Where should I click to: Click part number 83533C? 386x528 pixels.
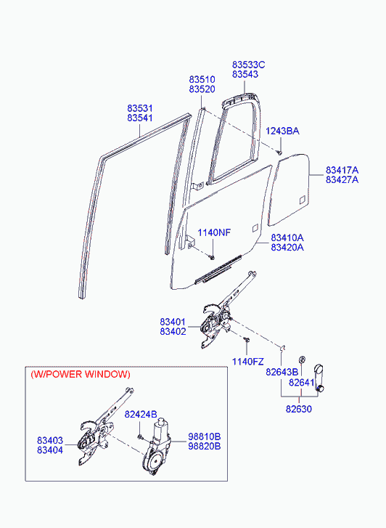click(x=249, y=65)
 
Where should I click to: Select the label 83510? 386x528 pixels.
click(x=202, y=80)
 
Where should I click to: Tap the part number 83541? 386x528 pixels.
click(x=140, y=118)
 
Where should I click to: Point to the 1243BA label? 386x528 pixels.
click(x=282, y=131)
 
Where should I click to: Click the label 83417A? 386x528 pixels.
click(x=342, y=170)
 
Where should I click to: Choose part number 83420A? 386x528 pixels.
click(x=287, y=248)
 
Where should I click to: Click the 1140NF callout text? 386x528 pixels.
click(x=214, y=232)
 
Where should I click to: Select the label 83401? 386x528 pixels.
click(x=173, y=322)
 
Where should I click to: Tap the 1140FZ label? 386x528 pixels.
click(x=247, y=362)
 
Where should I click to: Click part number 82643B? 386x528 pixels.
click(x=282, y=372)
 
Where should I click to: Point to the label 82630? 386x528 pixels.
click(x=299, y=409)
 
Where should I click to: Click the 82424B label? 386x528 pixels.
click(x=141, y=414)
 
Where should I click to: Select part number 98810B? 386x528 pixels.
click(x=205, y=436)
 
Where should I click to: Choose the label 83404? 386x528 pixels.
click(x=50, y=450)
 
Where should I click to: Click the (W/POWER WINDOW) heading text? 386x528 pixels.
click(x=81, y=374)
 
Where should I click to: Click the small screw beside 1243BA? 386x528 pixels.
click(x=279, y=153)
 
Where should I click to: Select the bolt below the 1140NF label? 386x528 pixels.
click(x=212, y=258)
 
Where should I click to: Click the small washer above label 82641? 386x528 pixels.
click(x=302, y=360)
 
